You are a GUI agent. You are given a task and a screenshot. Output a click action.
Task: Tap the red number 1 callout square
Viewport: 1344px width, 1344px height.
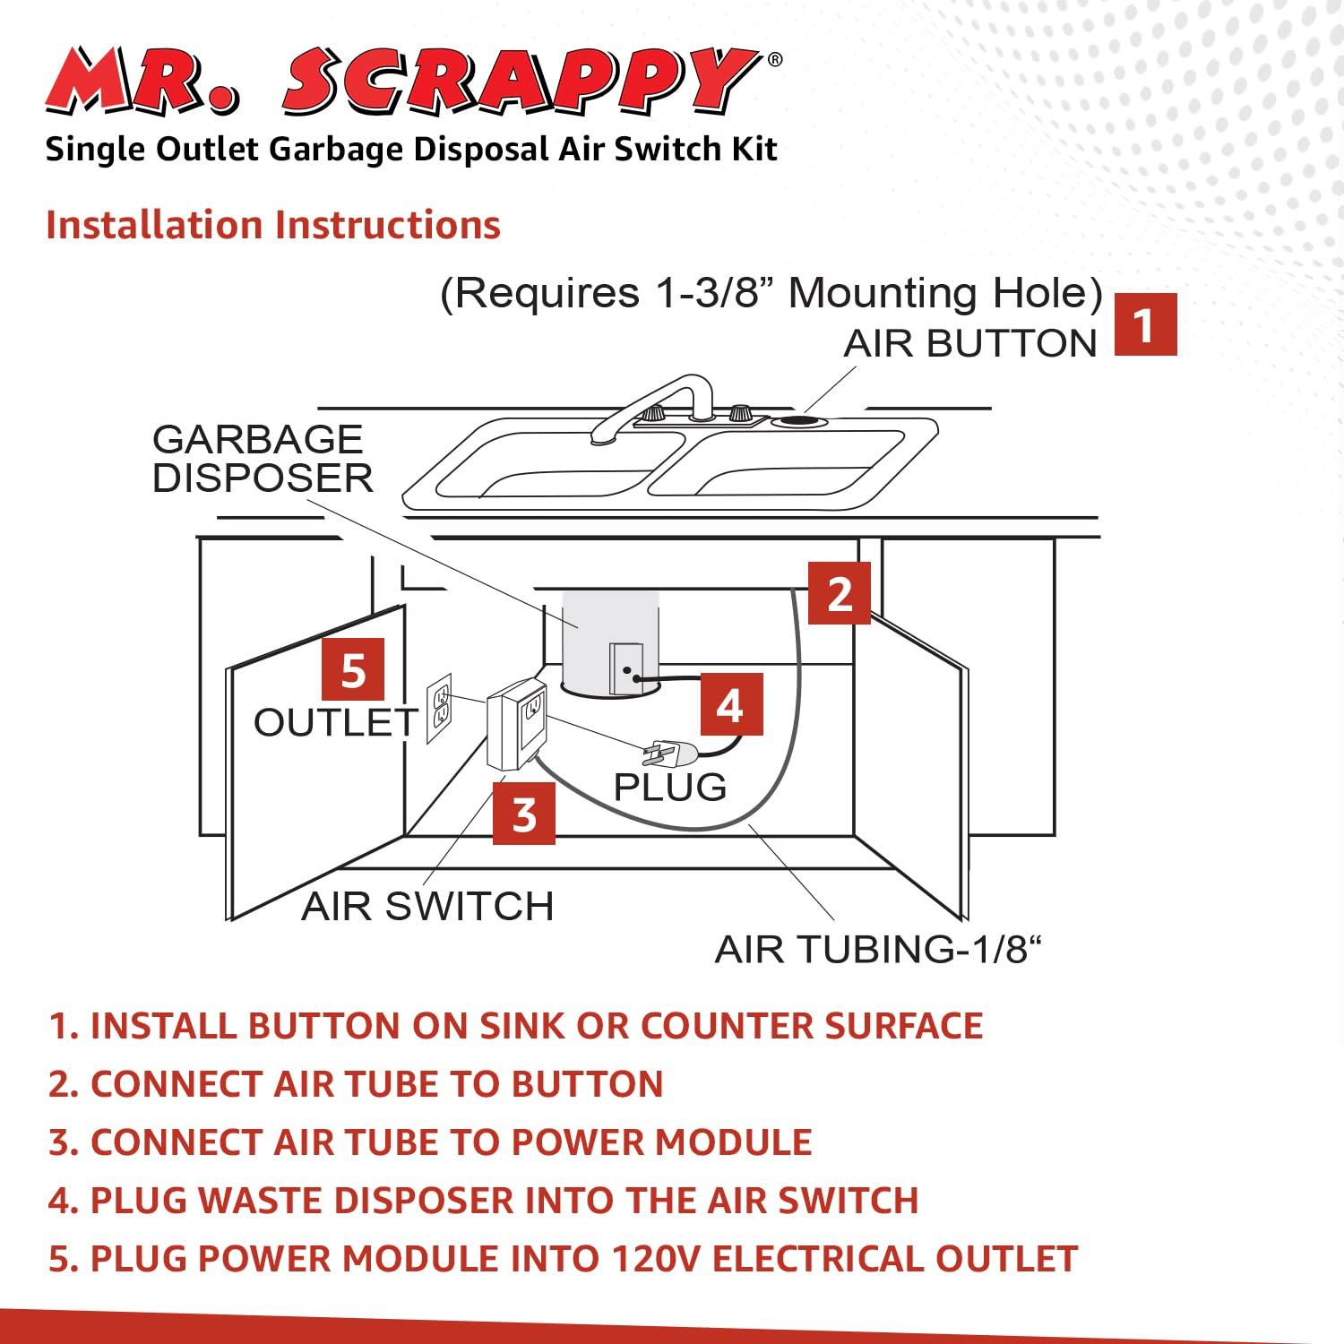coord(1144,325)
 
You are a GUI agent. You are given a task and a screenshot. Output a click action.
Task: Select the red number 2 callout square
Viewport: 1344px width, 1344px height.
coord(839,593)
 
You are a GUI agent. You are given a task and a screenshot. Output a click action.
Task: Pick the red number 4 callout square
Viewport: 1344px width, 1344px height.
coord(730,704)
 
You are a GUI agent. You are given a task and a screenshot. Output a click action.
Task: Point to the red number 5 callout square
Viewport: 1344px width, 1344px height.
coord(353,669)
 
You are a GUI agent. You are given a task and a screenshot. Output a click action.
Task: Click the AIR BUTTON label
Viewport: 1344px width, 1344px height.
coord(969,344)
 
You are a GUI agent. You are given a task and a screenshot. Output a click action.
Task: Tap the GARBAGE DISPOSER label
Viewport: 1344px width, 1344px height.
coord(262,459)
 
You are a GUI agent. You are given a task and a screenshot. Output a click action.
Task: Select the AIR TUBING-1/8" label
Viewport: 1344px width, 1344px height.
coord(879,950)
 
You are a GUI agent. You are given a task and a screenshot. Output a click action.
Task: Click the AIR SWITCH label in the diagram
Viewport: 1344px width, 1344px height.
coord(427,906)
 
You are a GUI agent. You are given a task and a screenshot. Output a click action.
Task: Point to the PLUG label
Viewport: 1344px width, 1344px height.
coord(669,787)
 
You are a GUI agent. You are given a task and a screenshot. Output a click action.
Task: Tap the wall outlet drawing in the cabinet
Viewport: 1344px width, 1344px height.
coord(439,708)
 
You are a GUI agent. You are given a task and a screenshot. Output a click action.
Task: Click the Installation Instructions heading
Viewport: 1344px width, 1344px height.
coord(273,225)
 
